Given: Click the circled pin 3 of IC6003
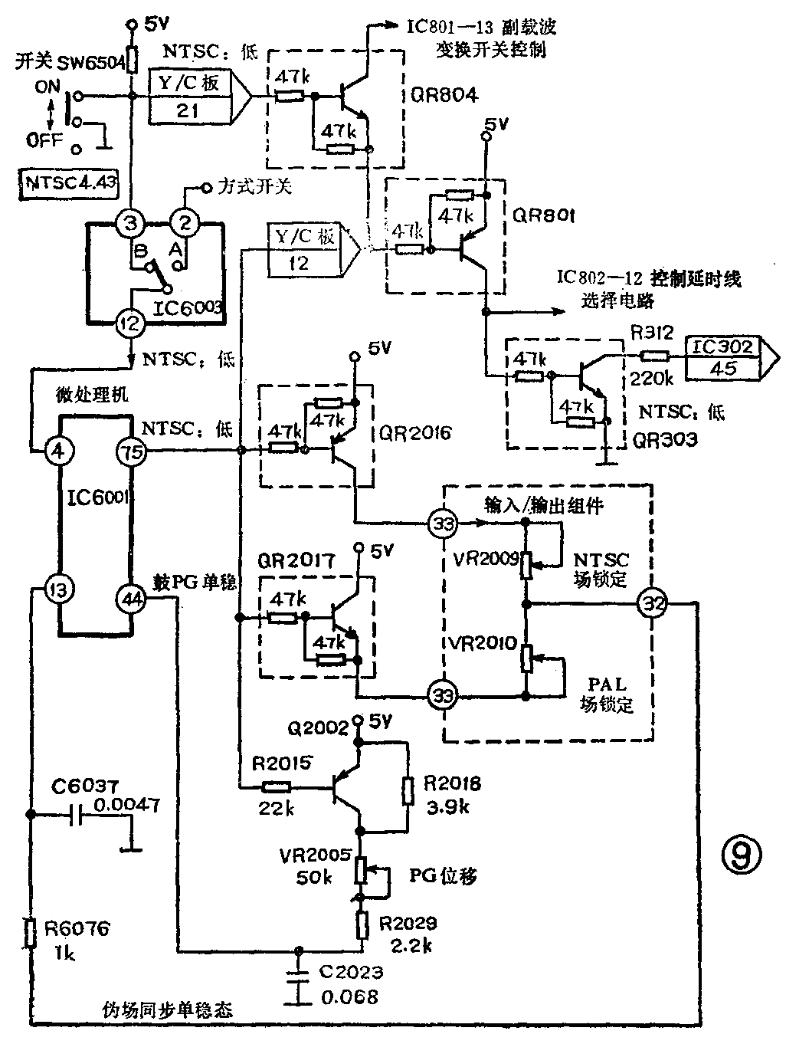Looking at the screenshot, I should tap(130, 224).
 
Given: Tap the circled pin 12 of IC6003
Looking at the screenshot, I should tap(130, 323).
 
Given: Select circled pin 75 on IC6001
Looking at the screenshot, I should tap(132, 451).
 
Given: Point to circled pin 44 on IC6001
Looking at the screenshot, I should tap(132, 599).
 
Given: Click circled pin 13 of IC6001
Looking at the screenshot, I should tap(60, 589).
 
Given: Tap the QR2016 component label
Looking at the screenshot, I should tap(415, 433).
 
